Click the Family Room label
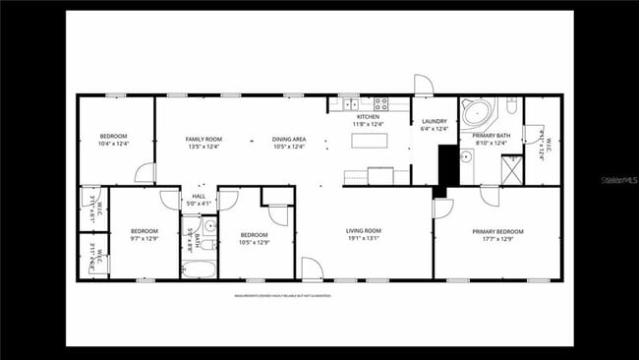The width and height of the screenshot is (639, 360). pos(204,139)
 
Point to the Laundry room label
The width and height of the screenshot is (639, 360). pos(434,122)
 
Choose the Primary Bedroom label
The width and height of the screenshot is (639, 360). pos(497,232)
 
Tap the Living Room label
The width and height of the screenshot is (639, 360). pos(363,231)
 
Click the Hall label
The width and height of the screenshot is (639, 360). pos(199,197)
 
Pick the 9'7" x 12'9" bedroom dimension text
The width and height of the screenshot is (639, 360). pos(144,238)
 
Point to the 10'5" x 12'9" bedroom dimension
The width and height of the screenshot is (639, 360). pos(254,239)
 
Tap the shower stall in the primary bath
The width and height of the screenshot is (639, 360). pos(511,170)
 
